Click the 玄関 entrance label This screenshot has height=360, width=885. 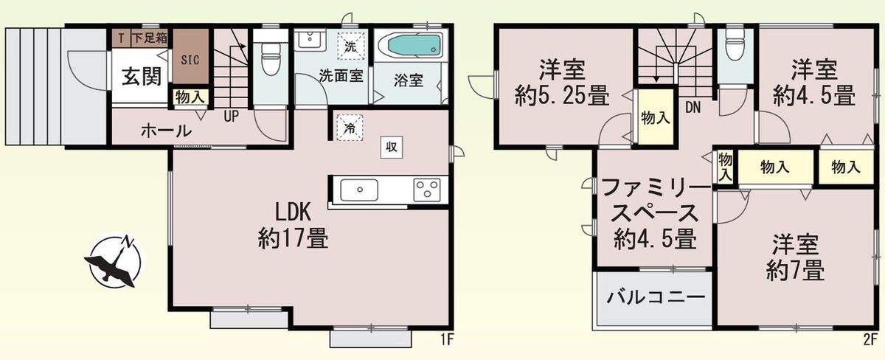tap(141, 76)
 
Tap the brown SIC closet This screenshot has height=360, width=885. tap(191, 56)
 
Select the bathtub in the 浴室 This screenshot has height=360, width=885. tap(414, 46)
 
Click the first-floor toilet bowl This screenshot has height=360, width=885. tap(271, 59)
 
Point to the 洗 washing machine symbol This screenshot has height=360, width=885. tap(350, 46)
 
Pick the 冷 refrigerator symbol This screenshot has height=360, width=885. tap(350, 128)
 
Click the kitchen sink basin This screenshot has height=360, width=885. tap(359, 190)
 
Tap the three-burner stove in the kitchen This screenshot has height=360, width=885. tap(427, 190)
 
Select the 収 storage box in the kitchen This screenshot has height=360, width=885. tap(391, 148)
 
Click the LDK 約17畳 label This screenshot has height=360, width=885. tap(294, 226)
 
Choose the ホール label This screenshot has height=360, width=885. tap(166, 131)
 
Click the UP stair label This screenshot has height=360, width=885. tap(231, 116)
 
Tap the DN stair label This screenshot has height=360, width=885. tap(693, 108)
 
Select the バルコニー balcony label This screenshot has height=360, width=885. tap(656, 297)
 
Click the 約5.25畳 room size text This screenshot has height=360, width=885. tap(562, 96)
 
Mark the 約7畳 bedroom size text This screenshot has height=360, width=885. tap(795, 270)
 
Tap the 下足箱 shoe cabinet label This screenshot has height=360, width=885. tap(149, 38)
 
